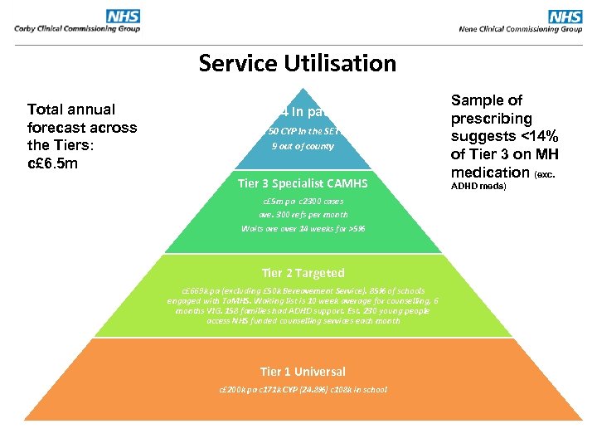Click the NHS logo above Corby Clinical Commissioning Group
click(123, 16)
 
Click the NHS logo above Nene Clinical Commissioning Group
click(565, 16)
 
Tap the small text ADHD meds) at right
click(478, 187)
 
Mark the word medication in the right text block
click(489, 173)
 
